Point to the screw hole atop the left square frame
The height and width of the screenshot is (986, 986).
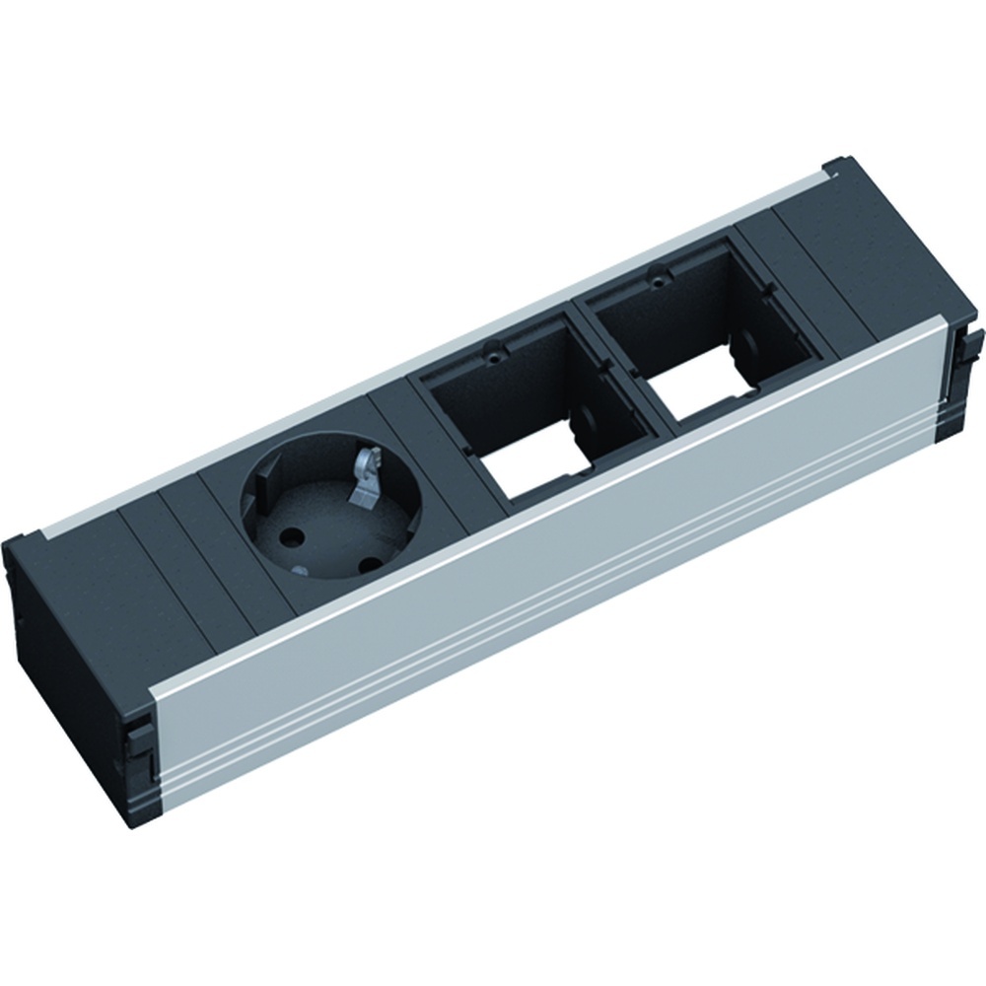pos(490,346)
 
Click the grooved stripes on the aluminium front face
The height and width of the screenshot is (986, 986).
pos(552,631)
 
